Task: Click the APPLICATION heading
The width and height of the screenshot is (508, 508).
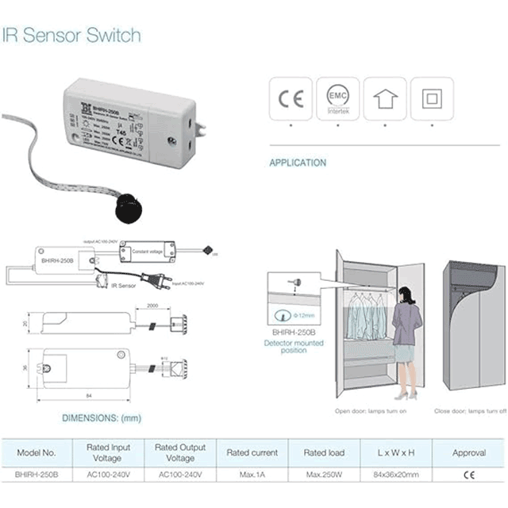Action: point(298,163)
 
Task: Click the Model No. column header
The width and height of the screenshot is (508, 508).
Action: point(37,453)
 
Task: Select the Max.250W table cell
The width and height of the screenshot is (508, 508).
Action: point(325,475)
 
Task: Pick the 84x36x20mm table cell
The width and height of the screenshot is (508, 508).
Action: point(396,475)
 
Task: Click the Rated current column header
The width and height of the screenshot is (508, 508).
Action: point(252,453)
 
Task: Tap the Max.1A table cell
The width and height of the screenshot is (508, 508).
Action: point(252,475)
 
